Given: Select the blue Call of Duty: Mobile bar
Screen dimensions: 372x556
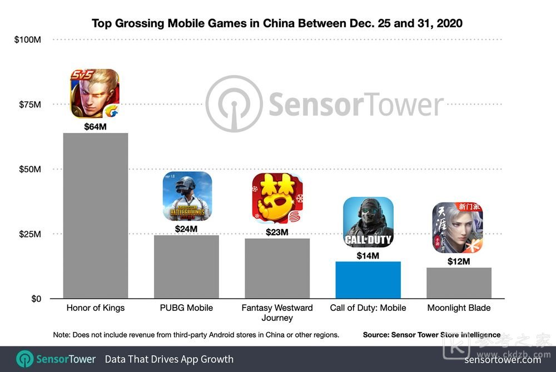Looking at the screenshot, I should click(368, 280).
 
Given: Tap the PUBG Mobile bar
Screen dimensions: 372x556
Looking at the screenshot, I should click(186, 267).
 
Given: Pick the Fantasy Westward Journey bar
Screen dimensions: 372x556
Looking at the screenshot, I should click(277, 269).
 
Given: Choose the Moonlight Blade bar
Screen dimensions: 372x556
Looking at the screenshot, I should click(459, 283).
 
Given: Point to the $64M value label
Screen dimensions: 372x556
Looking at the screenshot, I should click(96, 127).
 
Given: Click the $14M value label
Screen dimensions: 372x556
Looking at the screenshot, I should click(368, 256).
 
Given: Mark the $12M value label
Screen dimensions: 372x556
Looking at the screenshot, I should click(459, 261).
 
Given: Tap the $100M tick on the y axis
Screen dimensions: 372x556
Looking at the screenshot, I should click(28, 39).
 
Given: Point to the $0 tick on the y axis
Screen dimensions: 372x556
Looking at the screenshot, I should click(36, 299).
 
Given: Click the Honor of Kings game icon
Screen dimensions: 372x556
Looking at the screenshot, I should click(95, 93).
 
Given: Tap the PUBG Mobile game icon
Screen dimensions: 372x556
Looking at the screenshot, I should click(187, 196).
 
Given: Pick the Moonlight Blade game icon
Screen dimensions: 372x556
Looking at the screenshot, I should click(458, 227).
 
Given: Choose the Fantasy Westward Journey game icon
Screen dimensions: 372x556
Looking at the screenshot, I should click(277, 199).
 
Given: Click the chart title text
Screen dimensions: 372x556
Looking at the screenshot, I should click(277, 24).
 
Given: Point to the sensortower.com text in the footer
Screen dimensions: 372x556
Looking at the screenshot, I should click(503, 359).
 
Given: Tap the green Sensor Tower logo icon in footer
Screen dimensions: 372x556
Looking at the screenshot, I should click(25, 359).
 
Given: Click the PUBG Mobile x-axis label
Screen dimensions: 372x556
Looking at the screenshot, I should click(186, 307).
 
